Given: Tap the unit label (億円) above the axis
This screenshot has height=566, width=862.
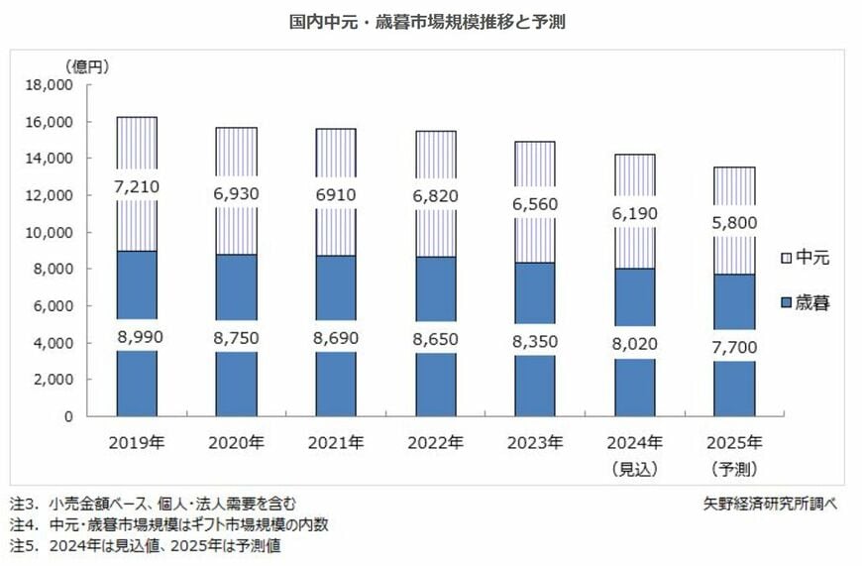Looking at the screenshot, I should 88,66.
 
